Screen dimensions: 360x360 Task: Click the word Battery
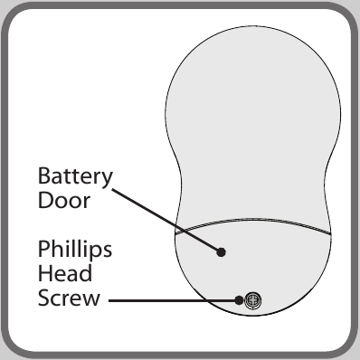click(x=75, y=177)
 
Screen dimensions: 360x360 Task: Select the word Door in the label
click(x=64, y=200)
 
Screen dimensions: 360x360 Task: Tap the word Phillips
click(x=75, y=251)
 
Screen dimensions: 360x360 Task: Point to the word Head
click(x=65, y=273)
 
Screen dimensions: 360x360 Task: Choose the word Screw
click(x=69, y=298)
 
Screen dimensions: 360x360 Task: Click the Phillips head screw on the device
click(x=252, y=300)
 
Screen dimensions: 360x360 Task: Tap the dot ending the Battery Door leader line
click(x=221, y=251)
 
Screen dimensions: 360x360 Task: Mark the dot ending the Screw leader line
click(x=239, y=300)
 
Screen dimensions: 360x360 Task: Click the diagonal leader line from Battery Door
click(x=166, y=220)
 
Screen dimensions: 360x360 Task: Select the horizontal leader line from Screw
click(x=174, y=300)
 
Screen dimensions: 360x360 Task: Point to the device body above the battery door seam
click(x=253, y=127)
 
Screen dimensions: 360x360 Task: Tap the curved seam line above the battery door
click(x=253, y=220)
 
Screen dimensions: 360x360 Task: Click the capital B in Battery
click(x=43, y=175)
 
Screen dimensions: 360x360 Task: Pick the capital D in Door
click(x=45, y=200)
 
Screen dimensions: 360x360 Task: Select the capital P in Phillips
click(x=43, y=249)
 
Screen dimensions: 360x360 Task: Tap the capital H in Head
click(x=44, y=273)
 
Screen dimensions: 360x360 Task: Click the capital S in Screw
click(x=43, y=298)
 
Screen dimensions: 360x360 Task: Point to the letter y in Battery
click(x=106, y=180)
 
